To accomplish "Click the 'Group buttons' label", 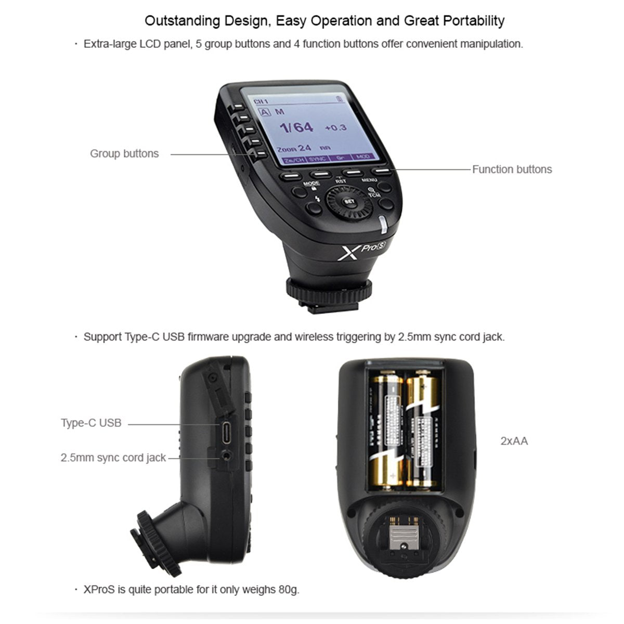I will pos(124,153).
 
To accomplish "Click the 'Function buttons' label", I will pos(512,169).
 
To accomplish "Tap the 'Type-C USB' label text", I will pos(91,423).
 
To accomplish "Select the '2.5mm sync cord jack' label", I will pos(113,458).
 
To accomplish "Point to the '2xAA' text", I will pos(514,441).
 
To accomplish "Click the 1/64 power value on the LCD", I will pos(296,127).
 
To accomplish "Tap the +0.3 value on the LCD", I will pos(335,127).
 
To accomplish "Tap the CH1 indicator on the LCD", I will pos(261,100).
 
